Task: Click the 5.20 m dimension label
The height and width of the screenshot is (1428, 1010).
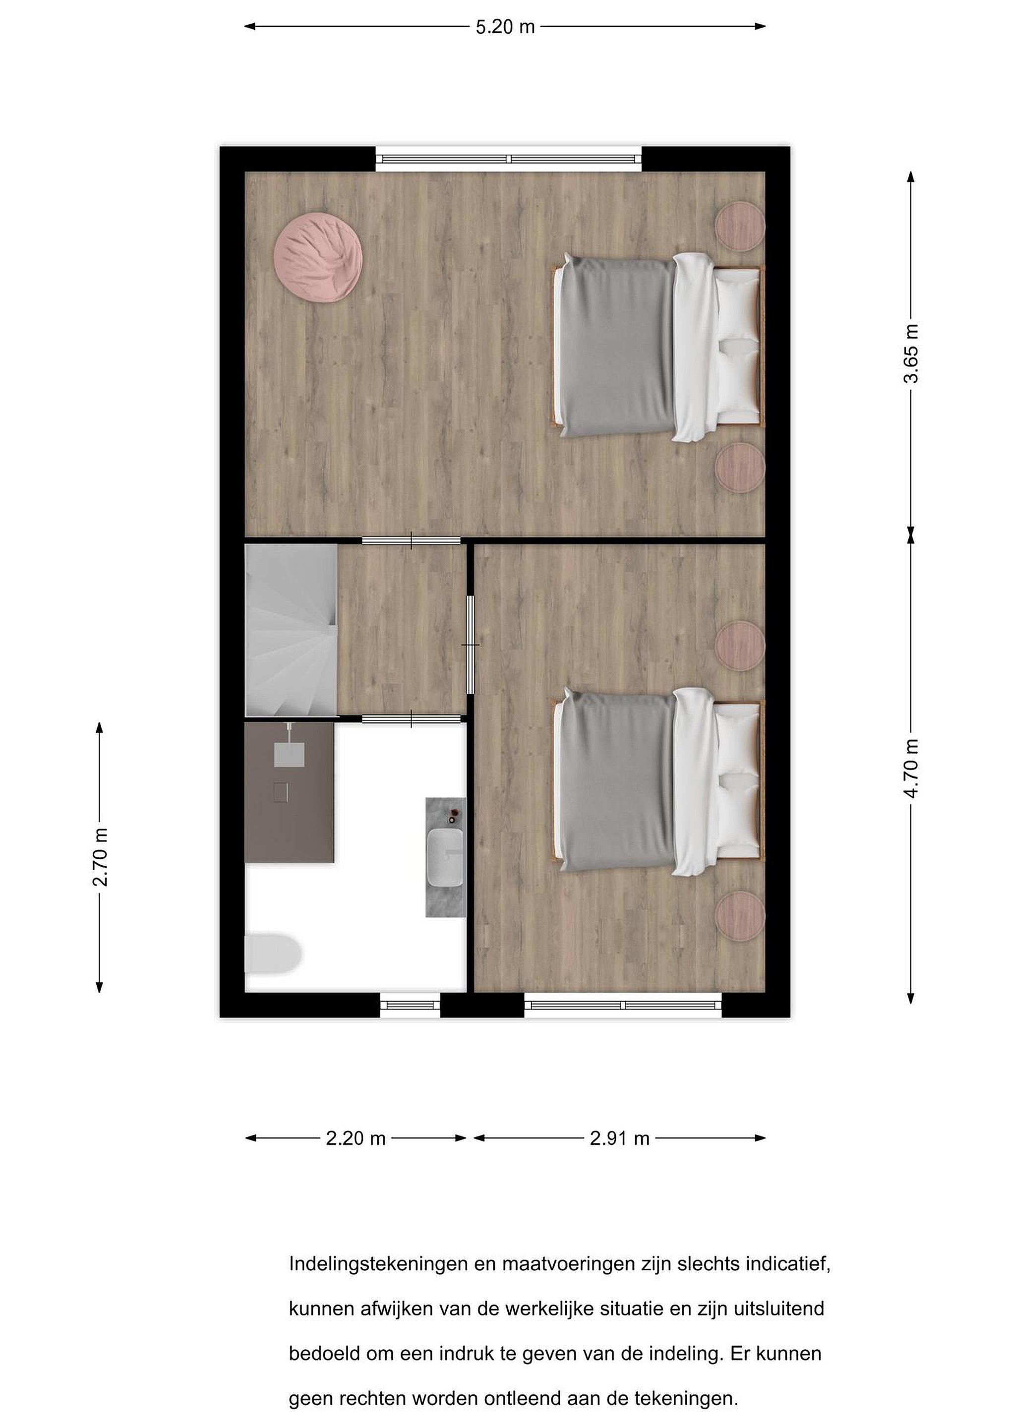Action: [x=505, y=27]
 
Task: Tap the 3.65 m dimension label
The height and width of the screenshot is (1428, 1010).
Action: [x=911, y=353]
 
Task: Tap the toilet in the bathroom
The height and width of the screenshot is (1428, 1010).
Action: [x=273, y=953]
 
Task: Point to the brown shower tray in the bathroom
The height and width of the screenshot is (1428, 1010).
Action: [x=290, y=792]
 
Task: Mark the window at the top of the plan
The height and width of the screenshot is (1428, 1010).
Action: [x=509, y=159]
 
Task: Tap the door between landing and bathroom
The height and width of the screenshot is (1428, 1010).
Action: [x=412, y=719]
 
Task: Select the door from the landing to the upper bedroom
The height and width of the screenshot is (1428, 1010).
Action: [x=412, y=540]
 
